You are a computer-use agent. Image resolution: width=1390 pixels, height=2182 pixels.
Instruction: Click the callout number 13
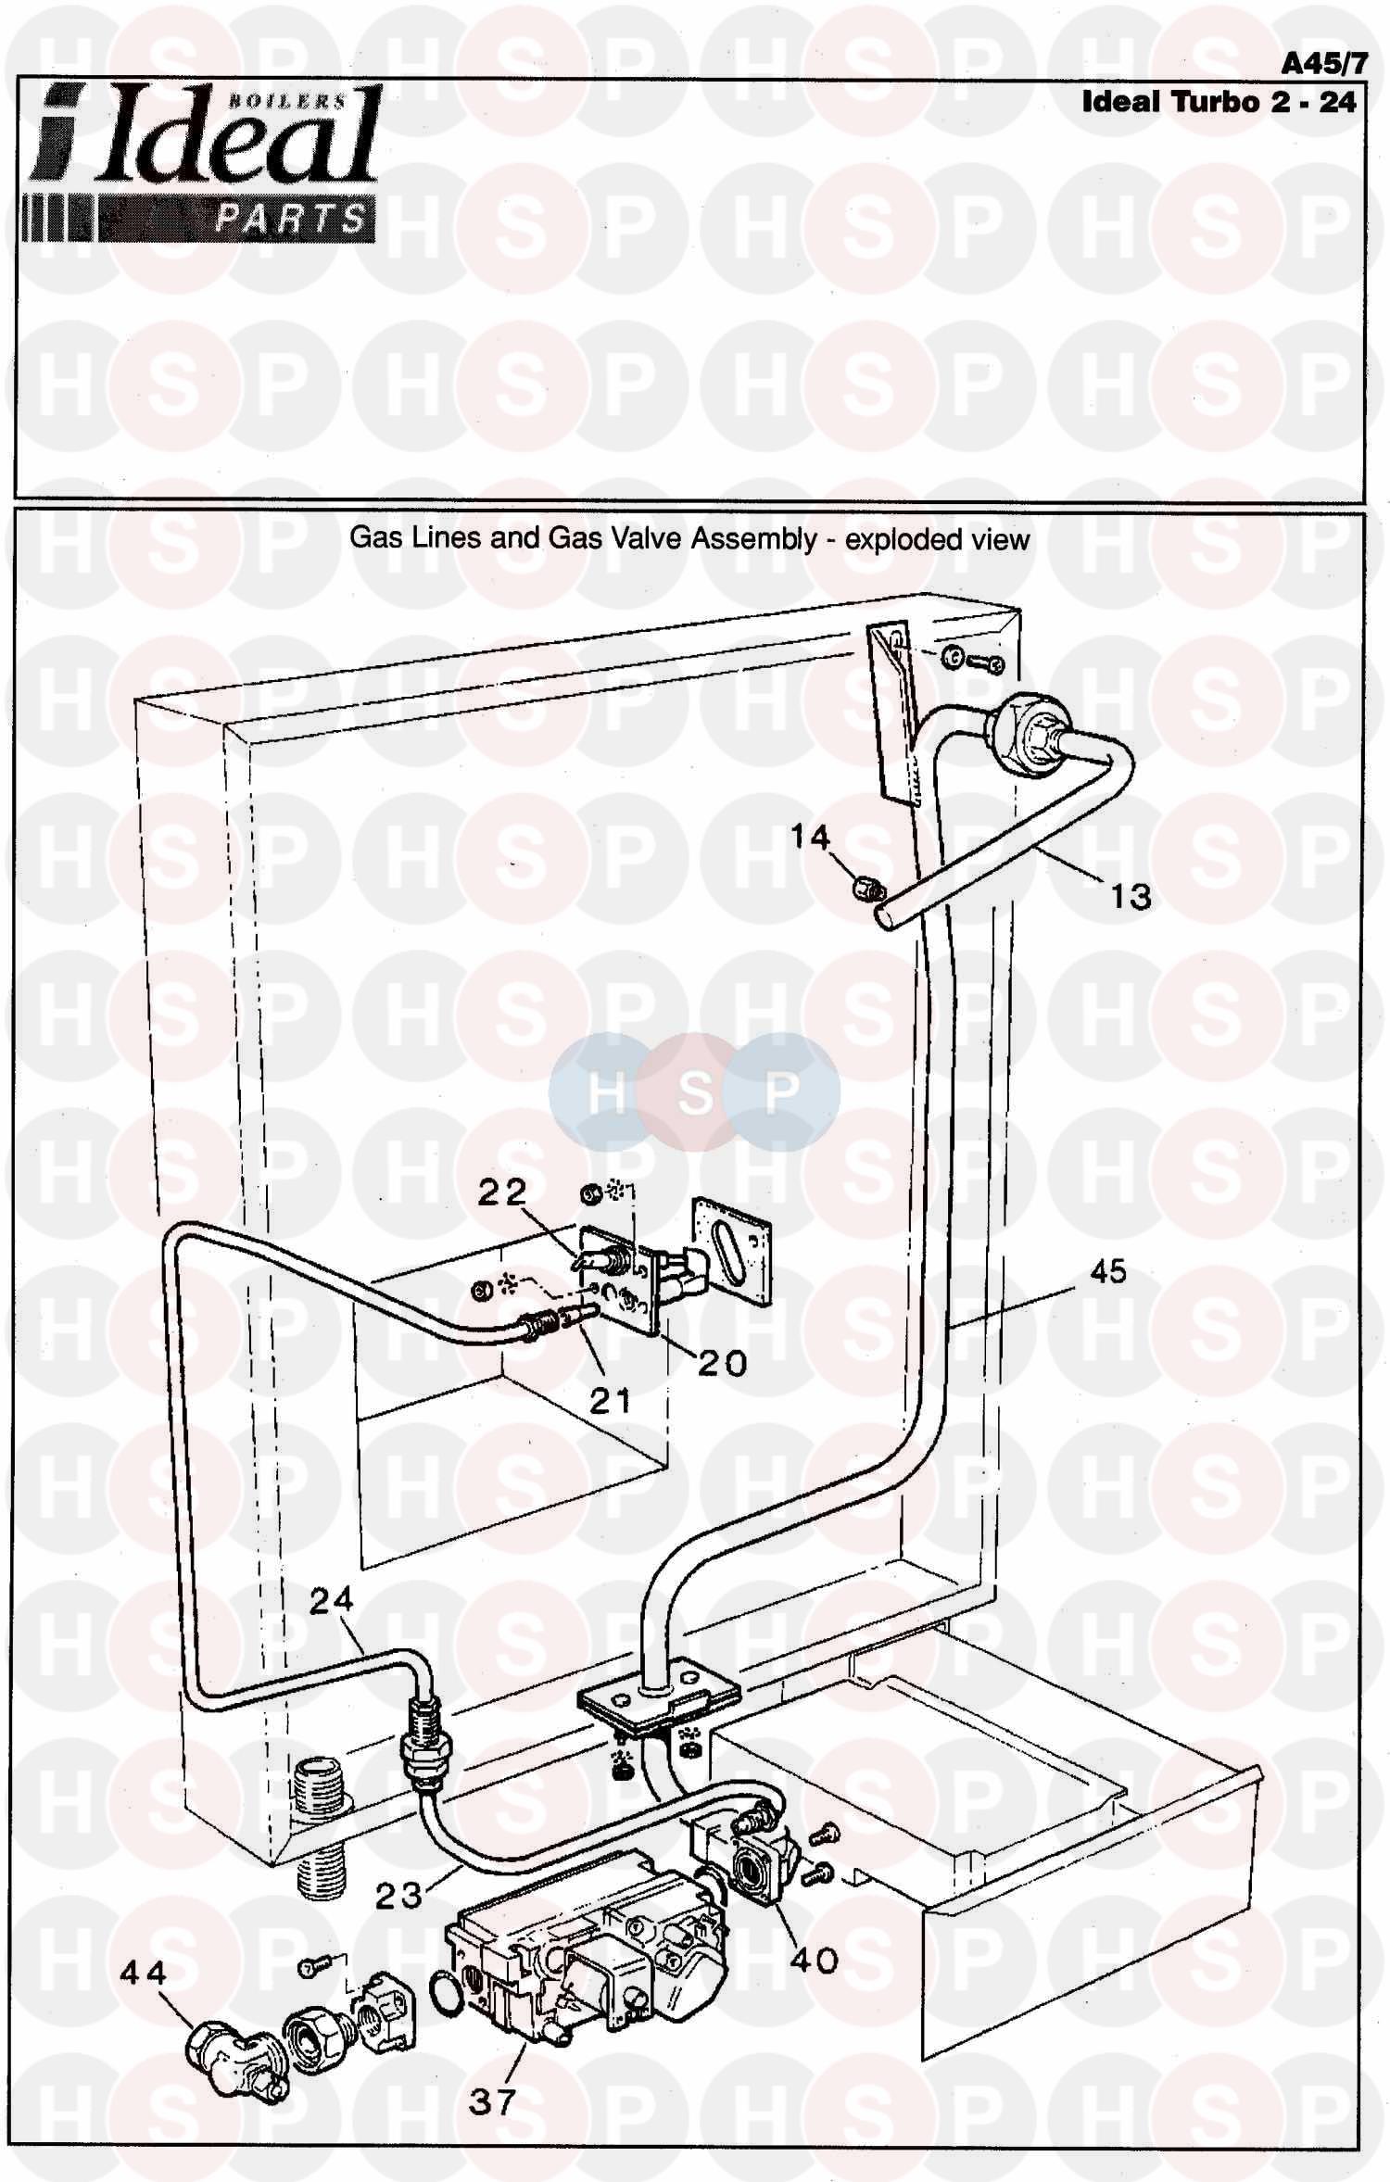(x=1131, y=896)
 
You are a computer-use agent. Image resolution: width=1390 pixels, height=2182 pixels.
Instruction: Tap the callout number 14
(x=810, y=838)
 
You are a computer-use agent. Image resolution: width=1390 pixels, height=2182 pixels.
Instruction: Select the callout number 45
(x=1108, y=1271)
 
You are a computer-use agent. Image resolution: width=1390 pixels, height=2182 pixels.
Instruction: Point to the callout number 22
(x=502, y=1192)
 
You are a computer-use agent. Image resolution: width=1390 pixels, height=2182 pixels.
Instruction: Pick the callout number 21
(x=611, y=1401)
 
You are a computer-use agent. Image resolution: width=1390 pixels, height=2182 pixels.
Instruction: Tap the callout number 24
(x=332, y=1599)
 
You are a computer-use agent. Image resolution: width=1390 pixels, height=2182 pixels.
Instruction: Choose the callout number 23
(x=398, y=1896)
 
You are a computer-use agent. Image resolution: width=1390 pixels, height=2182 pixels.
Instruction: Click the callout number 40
(x=815, y=1960)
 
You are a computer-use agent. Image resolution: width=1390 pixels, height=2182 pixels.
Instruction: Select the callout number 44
(x=144, y=1974)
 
